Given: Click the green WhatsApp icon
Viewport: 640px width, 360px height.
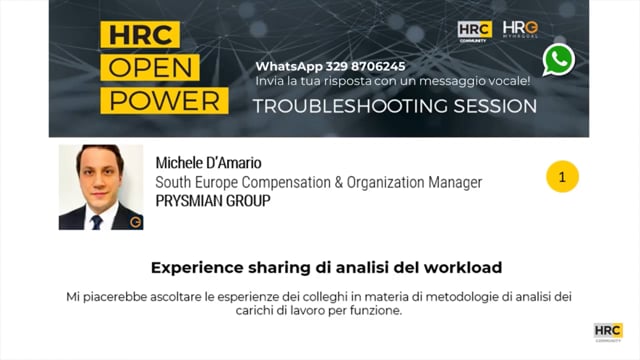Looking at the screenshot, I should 559,60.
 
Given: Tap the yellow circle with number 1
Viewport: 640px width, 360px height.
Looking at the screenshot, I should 562,177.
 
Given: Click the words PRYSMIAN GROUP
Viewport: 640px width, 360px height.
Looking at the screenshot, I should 213,200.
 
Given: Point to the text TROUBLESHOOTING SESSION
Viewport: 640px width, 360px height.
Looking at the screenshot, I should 394,105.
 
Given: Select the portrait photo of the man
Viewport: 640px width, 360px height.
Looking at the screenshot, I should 101,187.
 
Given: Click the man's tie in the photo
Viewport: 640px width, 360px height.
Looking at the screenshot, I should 97,221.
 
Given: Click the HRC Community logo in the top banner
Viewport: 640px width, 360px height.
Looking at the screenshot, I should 474,31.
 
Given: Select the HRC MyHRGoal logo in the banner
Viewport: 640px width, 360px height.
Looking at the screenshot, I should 519,31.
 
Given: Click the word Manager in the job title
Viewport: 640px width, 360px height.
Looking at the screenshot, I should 454,182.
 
